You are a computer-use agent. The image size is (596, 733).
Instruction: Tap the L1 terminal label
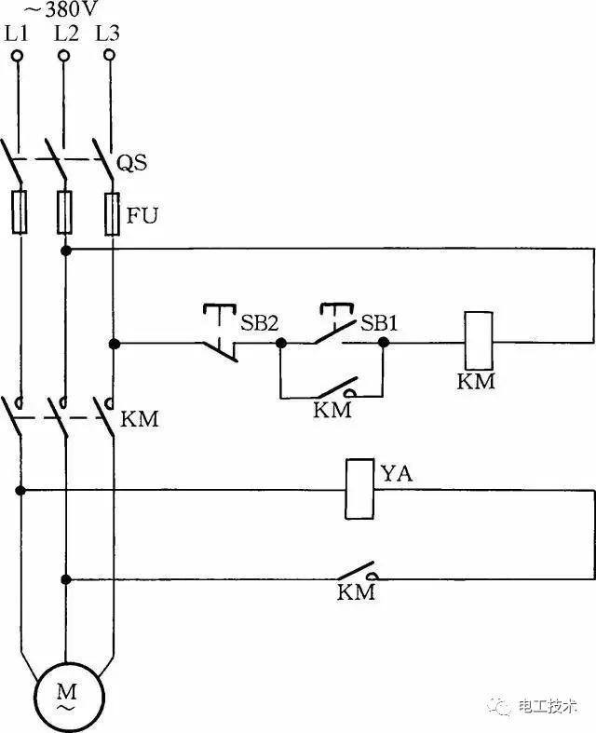tap(18, 34)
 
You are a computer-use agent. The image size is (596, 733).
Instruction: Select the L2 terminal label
tap(65, 34)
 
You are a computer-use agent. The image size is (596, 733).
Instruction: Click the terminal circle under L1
tap(18, 56)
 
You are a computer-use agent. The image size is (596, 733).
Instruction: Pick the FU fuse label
tap(142, 217)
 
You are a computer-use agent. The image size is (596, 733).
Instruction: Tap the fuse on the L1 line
tap(19, 212)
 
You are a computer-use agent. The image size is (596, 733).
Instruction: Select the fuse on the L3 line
tap(113, 212)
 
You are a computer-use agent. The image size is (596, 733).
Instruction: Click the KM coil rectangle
tap(477, 342)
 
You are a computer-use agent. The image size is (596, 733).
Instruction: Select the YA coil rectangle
tap(360, 489)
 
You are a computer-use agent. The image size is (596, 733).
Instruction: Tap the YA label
tap(397, 475)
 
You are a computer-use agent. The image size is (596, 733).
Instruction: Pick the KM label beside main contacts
tap(141, 418)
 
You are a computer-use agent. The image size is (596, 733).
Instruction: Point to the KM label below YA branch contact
tap(355, 592)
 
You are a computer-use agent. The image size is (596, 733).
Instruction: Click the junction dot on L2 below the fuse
tap(66, 251)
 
